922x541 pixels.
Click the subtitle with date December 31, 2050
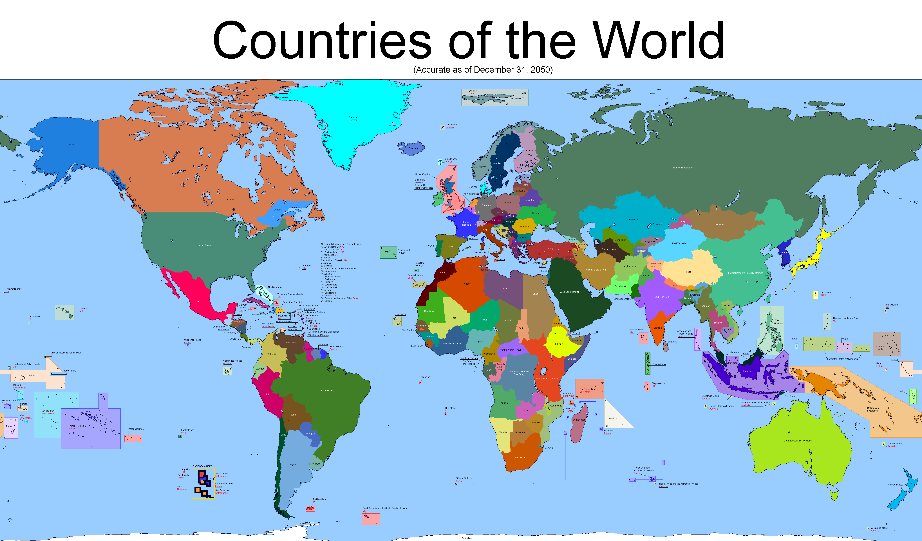(483, 70)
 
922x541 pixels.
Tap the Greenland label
(354, 118)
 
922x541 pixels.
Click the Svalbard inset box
(495, 97)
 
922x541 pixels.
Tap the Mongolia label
(720, 225)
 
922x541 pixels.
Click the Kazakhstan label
(633, 219)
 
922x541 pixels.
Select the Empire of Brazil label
(328, 390)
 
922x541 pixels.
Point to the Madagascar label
(578, 420)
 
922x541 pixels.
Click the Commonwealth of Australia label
(798, 441)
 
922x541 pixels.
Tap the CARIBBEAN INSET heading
(202, 466)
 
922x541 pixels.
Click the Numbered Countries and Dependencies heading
(341, 244)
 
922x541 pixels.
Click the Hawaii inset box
(65, 313)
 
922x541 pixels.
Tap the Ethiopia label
(559, 344)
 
